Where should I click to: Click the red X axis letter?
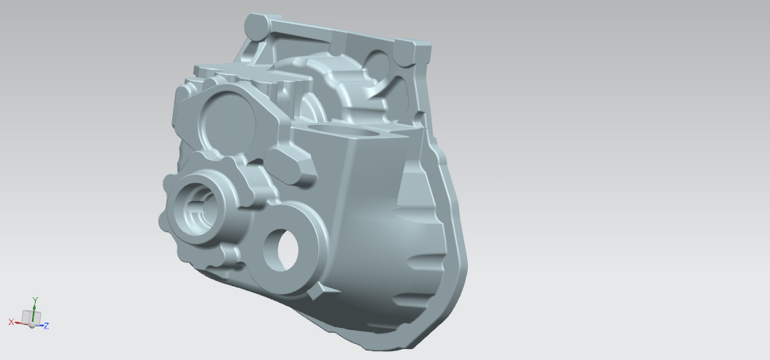11,322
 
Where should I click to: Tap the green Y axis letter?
35,299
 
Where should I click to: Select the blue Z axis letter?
46,326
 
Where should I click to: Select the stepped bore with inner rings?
196,210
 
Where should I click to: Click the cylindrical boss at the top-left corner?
257,27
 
